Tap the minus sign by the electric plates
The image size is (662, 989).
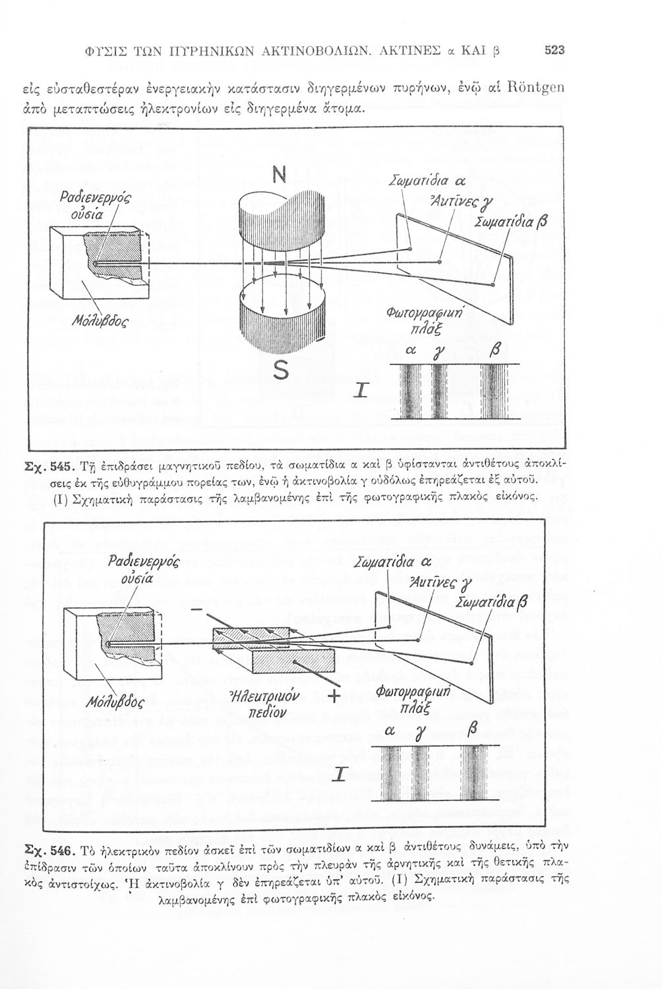(x=196, y=610)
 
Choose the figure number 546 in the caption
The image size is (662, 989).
(x=59, y=847)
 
